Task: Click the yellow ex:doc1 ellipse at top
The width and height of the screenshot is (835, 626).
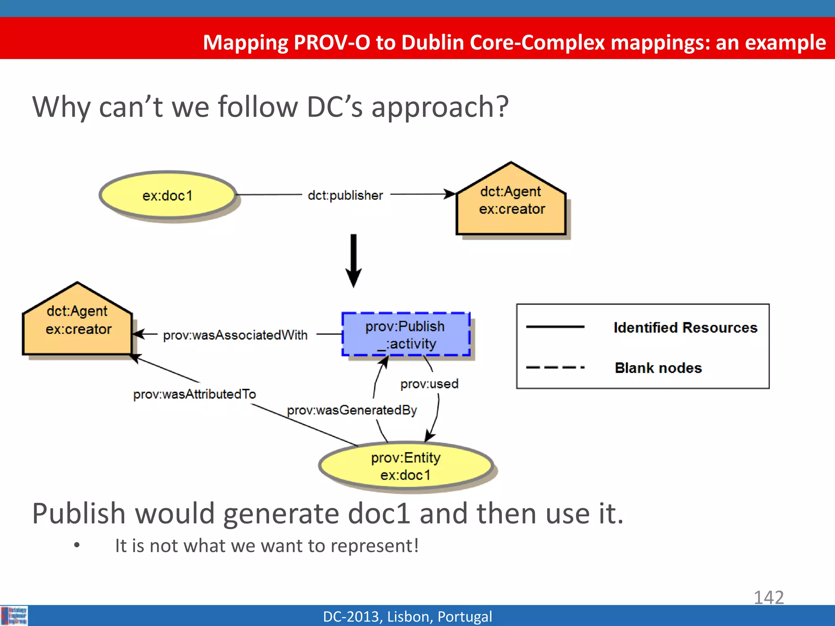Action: pyautogui.click(x=168, y=196)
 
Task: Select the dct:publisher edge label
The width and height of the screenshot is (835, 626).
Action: pyautogui.click(x=345, y=196)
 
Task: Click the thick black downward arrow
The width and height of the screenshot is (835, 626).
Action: pyautogui.click(x=353, y=261)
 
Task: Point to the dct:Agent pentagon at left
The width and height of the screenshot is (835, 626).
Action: pyautogui.click(x=77, y=322)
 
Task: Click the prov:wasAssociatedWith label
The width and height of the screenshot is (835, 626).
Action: pyautogui.click(x=235, y=335)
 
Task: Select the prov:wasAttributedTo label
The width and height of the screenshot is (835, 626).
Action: pyautogui.click(x=194, y=394)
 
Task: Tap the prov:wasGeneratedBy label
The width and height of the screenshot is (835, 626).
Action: pyautogui.click(x=351, y=410)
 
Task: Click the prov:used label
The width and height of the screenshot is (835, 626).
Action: pyautogui.click(x=429, y=384)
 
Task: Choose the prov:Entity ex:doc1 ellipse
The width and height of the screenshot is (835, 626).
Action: pyautogui.click(x=406, y=466)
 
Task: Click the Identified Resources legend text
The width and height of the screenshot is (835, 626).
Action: pyautogui.click(x=685, y=328)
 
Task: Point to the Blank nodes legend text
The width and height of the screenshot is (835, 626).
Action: pyautogui.click(x=658, y=368)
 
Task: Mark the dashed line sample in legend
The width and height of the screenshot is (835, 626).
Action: pyautogui.click(x=555, y=368)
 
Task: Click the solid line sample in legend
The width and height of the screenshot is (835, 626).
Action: pyautogui.click(x=555, y=327)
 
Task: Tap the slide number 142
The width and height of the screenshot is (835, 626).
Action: pyautogui.click(x=769, y=597)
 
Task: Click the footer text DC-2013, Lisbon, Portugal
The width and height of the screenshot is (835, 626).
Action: pyautogui.click(x=407, y=617)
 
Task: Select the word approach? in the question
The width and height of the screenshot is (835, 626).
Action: pyautogui.click(x=440, y=107)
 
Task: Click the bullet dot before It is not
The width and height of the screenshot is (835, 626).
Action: pyautogui.click(x=77, y=545)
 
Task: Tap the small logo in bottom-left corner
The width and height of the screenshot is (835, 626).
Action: pyautogui.click(x=14, y=615)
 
